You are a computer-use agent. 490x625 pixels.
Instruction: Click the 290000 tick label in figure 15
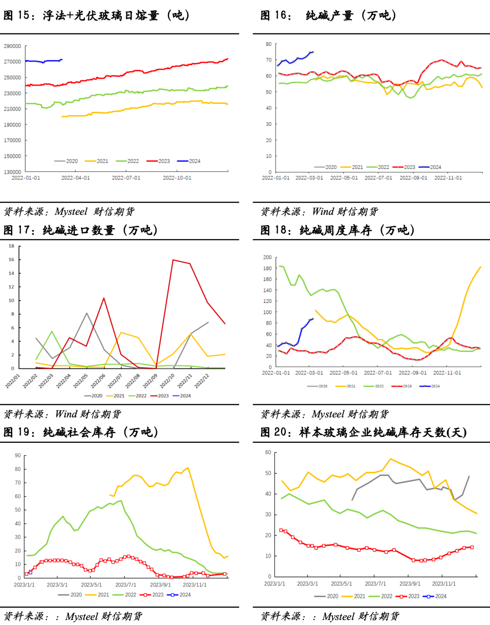(x=12, y=46)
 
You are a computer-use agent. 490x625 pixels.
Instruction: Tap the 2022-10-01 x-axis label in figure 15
(x=177, y=178)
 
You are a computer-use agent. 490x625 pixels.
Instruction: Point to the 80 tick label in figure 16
(x=269, y=44)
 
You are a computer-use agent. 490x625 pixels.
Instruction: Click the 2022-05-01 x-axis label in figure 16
(x=344, y=178)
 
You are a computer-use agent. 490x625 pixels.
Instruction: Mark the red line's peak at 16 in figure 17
(x=173, y=260)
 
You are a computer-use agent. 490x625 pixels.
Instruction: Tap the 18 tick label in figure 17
(x=11, y=246)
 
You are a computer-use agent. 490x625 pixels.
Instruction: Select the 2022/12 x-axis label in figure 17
(x=202, y=381)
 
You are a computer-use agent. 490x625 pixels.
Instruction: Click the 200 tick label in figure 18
(x=267, y=257)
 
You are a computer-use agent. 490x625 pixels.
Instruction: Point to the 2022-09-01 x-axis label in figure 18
(x=412, y=373)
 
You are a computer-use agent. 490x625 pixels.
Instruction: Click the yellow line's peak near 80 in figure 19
(x=188, y=468)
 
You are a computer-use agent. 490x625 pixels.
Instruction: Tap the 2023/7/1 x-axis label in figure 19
(x=126, y=585)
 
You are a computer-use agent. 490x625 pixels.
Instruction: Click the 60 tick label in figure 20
(x=268, y=452)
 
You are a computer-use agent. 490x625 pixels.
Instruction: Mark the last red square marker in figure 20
(x=472, y=547)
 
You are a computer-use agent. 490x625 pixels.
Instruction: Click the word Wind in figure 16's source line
(x=323, y=212)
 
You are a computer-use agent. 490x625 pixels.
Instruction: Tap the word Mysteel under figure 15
(x=71, y=212)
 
